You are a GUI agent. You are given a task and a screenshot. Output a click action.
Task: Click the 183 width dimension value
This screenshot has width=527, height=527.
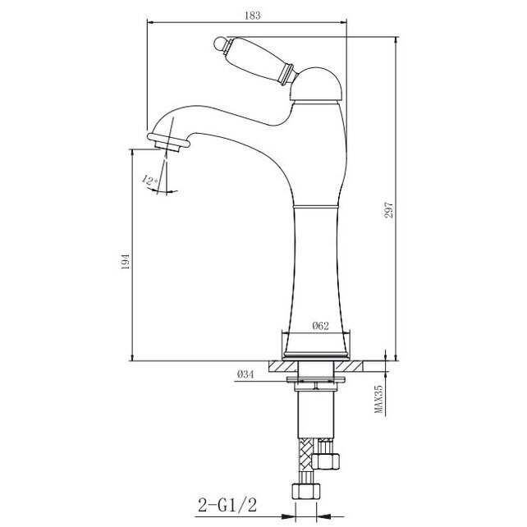point(252,16)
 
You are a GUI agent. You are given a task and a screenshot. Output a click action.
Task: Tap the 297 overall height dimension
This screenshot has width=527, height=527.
point(388,210)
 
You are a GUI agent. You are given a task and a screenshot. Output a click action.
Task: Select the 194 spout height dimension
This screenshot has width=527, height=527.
point(125,262)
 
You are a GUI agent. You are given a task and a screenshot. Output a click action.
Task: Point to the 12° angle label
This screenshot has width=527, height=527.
point(150,181)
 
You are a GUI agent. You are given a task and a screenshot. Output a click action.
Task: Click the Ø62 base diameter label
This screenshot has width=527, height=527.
point(320,326)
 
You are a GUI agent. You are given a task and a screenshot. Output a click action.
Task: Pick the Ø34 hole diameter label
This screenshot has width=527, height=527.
point(245,374)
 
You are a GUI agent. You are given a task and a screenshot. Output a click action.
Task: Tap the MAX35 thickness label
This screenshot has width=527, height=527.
point(378,399)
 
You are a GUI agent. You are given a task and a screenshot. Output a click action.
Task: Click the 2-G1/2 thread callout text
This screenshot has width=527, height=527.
point(227,505)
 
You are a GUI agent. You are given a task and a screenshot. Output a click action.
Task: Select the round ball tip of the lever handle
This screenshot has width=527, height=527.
point(219,44)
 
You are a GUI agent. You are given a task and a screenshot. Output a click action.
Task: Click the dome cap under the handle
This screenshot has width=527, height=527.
point(316,84)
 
